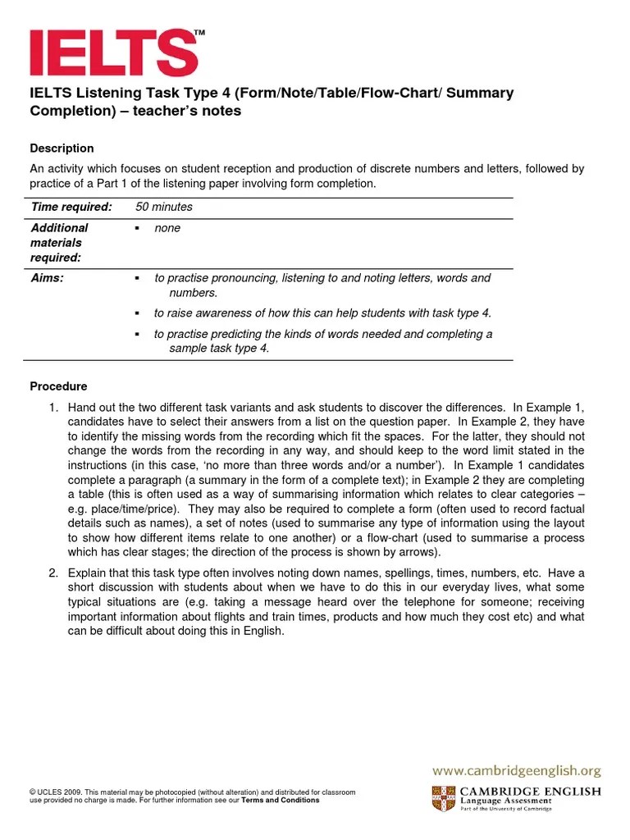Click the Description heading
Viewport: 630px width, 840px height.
(x=62, y=148)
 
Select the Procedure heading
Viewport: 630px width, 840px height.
(x=58, y=386)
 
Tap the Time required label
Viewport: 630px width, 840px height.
(x=71, y=208)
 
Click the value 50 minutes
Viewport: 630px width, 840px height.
(x=164, y=208)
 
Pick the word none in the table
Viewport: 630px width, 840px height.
(x=167, y=228)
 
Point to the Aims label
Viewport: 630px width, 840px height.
(x=48, y=278)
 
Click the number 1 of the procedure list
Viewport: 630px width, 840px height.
(x=53, y=408)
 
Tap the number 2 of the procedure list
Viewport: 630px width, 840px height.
(x=53, y=573)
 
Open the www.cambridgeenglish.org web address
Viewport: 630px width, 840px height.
(x=517, y=770)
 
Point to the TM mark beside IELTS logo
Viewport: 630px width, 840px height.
(x=199, y=33)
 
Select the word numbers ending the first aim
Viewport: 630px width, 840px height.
(x=194, y=293)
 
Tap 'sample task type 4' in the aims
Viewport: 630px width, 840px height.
(x=219, y=348)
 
